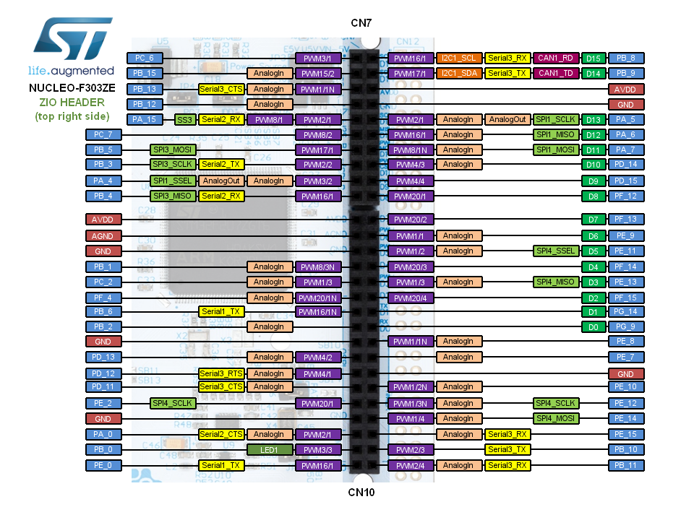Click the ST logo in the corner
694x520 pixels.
[70, 41]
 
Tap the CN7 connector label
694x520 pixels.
[361, 23]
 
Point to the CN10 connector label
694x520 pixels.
[361, 493]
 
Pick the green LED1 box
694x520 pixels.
[269, 450]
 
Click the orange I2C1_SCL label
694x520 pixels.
[458, 58]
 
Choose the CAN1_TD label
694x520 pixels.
[557, 73]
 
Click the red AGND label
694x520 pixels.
[103, 235]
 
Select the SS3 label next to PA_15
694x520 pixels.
[185, 119]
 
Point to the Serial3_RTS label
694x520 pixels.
[221, 373]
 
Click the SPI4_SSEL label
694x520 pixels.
[556, 251]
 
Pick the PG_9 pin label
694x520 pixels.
[626, 326]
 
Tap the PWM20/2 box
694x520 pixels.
[411, 219]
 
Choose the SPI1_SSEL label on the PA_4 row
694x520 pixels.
[172, 181]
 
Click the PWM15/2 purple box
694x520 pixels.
[317, 73]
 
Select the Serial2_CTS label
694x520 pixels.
[221, 434]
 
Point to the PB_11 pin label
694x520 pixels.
[626, 465]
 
